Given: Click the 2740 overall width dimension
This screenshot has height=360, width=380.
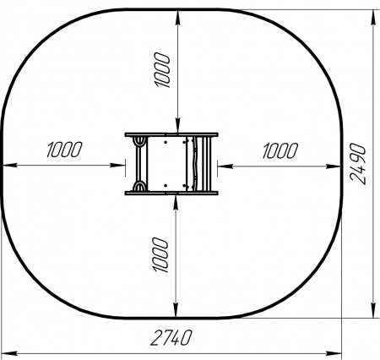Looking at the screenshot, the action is tap(171, 338).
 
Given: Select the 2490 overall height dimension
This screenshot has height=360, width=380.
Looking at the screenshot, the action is tap(358, 164).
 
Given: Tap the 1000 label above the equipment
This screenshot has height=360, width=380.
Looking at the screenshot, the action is tap(162, 70).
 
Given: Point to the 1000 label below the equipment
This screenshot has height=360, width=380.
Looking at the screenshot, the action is tap(160, 254).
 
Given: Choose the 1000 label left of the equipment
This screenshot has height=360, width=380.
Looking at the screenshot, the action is tap(64, 150).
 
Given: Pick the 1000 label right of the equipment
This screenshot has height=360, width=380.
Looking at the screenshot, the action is tap(280, 150).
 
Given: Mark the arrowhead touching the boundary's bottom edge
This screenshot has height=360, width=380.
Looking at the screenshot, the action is tap(176, 312).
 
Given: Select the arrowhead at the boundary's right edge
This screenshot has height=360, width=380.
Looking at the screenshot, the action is tap(334, 166).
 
